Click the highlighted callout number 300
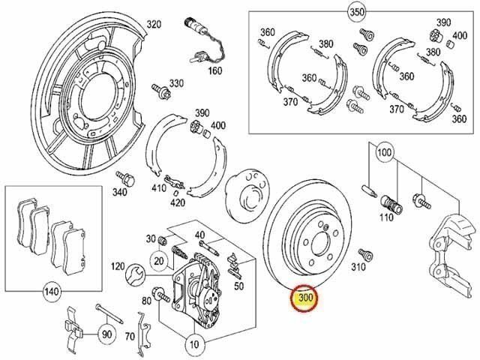(304, 298)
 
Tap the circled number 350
(357, 12)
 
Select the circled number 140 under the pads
(52, 291)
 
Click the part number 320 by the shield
(154, 24)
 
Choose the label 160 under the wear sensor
(215, 70)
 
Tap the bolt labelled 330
(160, 90)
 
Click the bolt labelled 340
(125, 178)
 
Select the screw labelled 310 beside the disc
(365, 254)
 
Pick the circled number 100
(385, 151)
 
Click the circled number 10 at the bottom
(194, 345)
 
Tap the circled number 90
(106, 334)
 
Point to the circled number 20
(159, 261)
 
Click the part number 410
(159, 187)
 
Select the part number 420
(178, 202)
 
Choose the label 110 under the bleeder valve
(386, 217)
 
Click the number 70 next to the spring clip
(130, 337)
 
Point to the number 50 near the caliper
(238, 286)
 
